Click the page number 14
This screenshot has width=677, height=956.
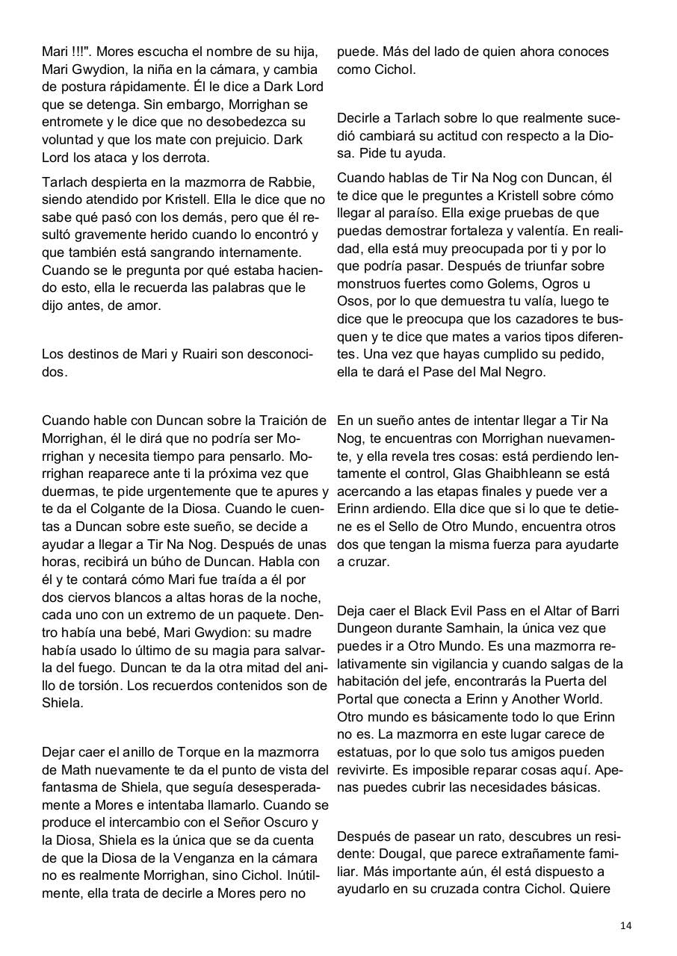(625, 925)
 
